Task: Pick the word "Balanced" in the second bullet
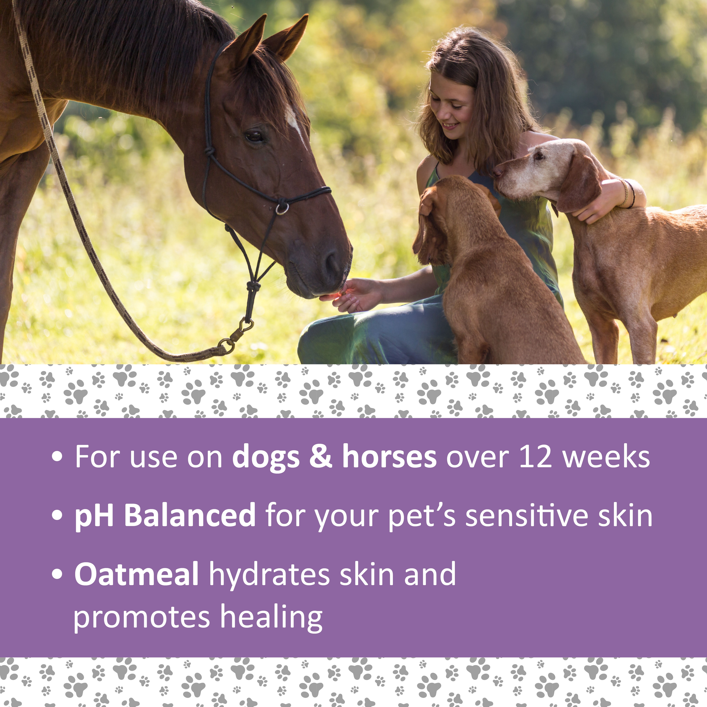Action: [190, 515]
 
